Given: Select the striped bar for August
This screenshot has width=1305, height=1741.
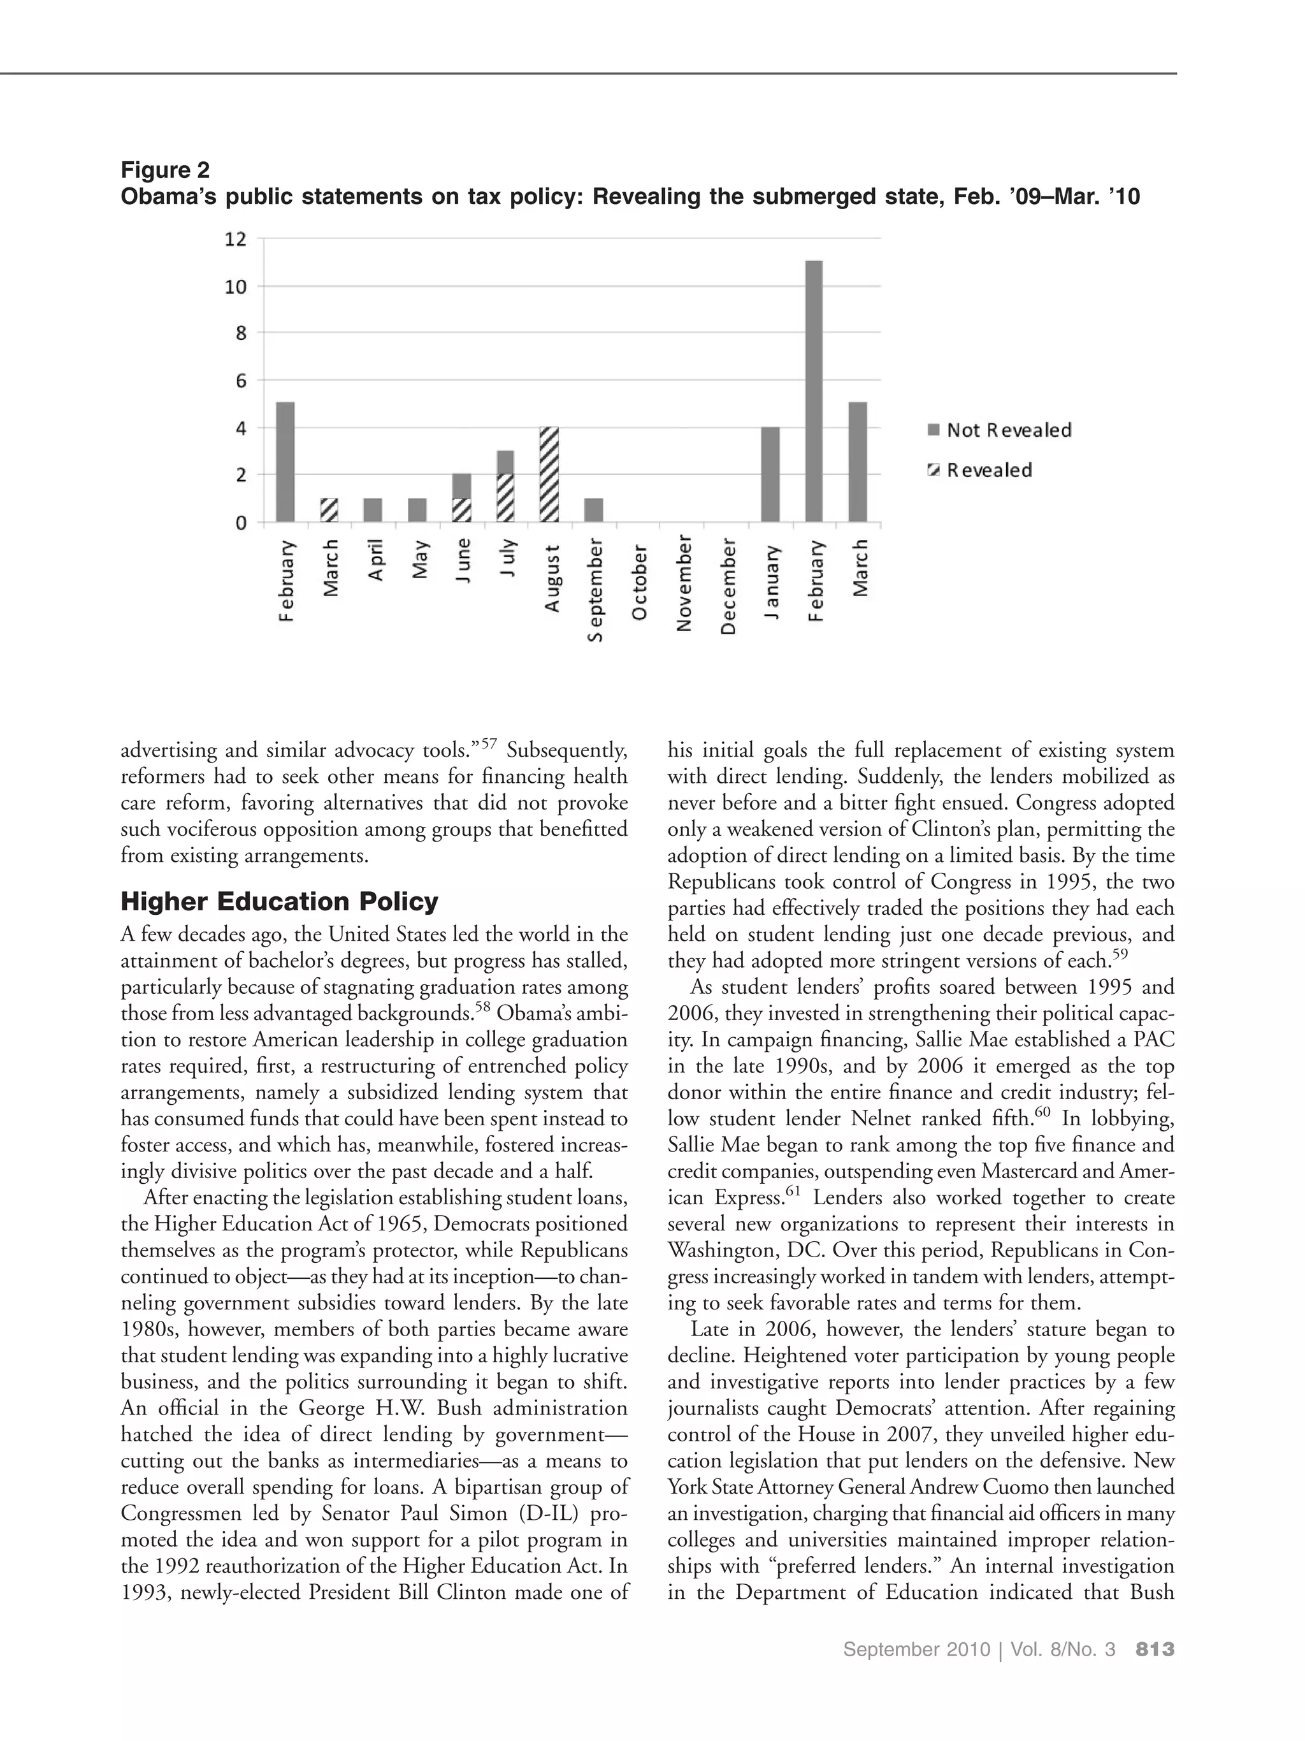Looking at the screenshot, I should tap(549, 474).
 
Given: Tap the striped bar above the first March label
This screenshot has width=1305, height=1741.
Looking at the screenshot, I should tap(329, 510).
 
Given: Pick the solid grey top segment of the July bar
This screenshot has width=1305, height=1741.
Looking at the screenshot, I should tap(505, 462).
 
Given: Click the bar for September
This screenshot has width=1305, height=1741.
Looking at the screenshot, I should tap(593, 510).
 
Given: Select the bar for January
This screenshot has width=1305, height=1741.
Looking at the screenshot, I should tap(770, 474).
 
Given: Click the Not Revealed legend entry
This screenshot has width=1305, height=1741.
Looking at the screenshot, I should tap(999, 430).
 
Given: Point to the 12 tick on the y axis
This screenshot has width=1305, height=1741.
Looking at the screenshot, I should tap(235, 239).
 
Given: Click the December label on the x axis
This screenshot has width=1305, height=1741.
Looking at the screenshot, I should tap(728, 586).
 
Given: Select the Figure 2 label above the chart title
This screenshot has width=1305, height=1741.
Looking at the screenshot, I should tap(165, 170).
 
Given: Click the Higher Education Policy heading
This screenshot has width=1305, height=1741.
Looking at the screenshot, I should tap(279, 901).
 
